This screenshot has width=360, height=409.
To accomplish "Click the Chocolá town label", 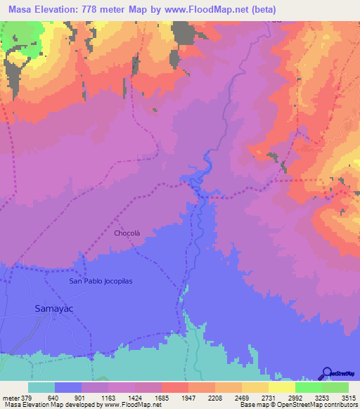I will click(x=127, y=233).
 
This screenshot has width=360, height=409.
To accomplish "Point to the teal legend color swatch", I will click(x=41, y=388).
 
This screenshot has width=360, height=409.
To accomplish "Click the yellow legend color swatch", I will click(x=282, y=388).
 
